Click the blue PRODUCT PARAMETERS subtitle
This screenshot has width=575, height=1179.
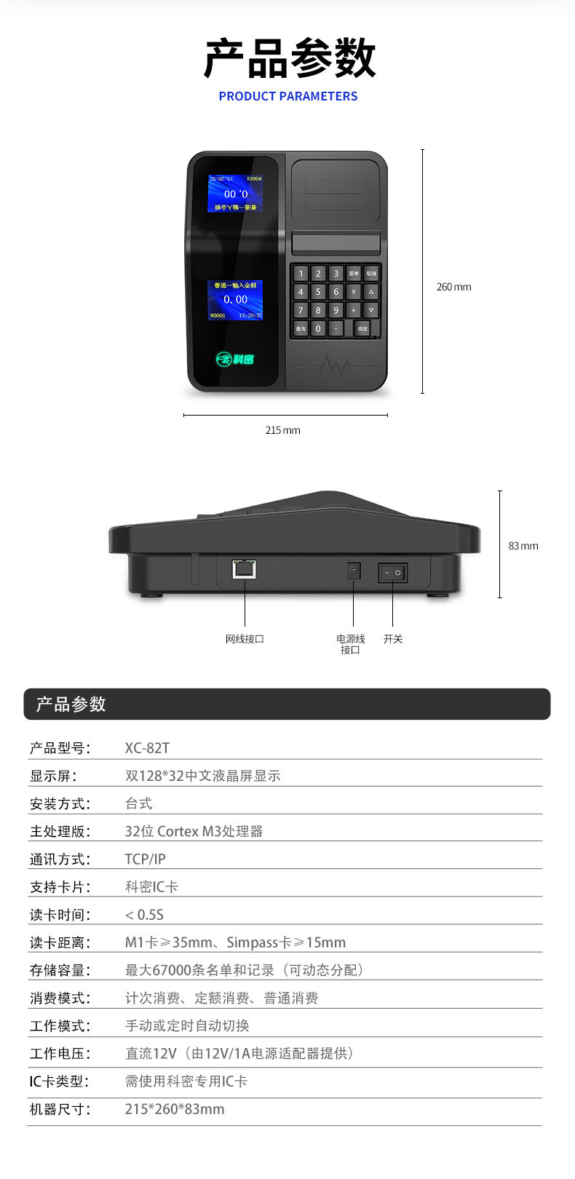(287, 96)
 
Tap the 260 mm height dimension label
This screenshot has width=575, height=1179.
(453, 287)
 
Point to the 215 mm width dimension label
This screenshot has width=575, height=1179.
(282, 430)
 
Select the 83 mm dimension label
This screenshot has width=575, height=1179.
(523, 546)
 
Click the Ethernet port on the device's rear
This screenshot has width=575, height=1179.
(245, 568)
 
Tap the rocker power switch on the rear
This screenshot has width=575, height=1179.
(392, 573)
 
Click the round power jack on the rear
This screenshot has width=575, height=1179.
(354, 571)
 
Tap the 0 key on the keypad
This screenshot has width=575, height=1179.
(318, 328)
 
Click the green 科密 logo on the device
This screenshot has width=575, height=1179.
(235, 359)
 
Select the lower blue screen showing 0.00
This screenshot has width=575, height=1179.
(235, 300)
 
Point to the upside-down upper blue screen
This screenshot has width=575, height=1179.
(235, 194)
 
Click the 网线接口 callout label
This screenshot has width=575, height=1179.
(245, 639)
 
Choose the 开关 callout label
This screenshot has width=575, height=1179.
(393, 639)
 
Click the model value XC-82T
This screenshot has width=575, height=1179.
(147, 748)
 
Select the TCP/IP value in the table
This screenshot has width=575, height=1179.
(145, 859)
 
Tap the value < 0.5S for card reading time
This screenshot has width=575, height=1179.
(144, 915)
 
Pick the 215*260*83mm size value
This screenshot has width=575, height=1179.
(175, 1109)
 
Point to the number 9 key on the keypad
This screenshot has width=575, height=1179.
(336, 310)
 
